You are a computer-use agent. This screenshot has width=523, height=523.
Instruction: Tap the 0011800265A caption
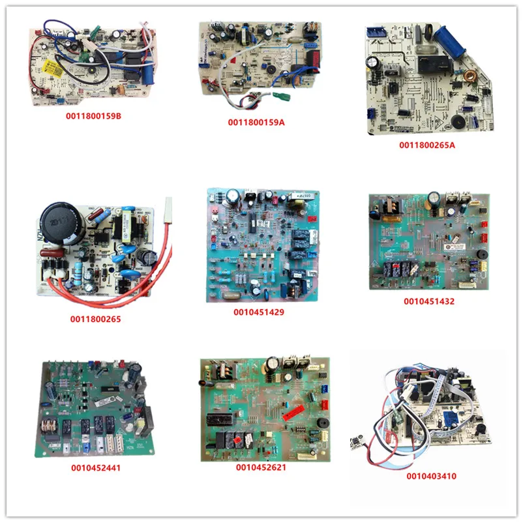point(427,145)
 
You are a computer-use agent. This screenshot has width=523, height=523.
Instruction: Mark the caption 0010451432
point(428,301)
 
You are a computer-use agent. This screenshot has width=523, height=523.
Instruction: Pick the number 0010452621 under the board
point(261,468)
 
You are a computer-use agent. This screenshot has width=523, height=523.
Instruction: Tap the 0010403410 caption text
point(430,476)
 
